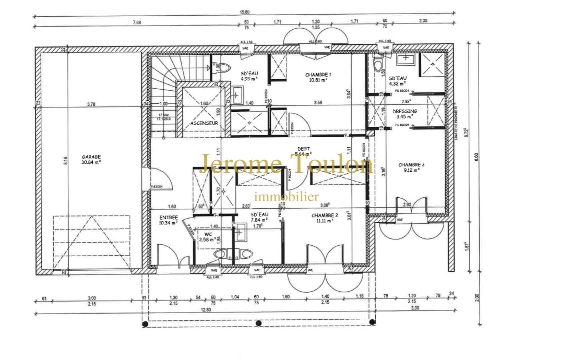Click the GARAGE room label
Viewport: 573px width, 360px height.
point(91,156)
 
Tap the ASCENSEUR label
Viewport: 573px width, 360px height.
point(204,123)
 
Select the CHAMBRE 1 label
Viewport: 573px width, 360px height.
point(318,75)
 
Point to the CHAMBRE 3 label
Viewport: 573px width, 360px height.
point(411,165)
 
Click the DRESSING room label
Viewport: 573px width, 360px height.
point(405,111)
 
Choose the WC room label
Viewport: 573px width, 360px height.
point(208,234)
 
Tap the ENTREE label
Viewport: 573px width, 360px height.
point(168,217)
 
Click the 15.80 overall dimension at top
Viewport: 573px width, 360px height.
point(244,12)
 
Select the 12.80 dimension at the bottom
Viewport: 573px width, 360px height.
point(206,310)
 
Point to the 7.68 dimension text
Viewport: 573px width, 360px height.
point(137,22)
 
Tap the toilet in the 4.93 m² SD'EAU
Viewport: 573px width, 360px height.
point(224,68)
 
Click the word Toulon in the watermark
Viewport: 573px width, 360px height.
point(330,164)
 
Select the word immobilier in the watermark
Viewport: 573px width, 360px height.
point(286,197)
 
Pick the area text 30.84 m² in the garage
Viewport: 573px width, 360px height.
point(91,162)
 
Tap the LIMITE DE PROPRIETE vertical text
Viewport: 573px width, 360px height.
point(456,123)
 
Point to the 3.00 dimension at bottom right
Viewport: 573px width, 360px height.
point(415,308)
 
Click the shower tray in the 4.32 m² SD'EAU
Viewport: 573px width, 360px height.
point(432,64)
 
